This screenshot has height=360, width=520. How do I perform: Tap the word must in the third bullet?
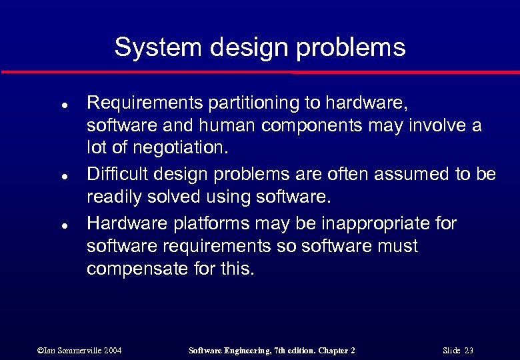click(x=397, y=247)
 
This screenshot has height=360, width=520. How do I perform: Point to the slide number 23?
click(x=469, y=351)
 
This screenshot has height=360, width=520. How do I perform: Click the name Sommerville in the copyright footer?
click(x=73, y=351)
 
